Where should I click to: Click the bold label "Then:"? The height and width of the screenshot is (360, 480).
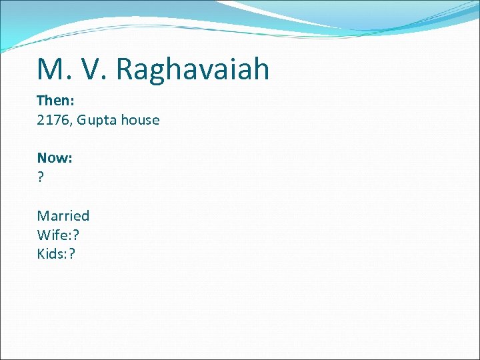click(55, 101)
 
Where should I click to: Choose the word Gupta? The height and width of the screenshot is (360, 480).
click(98, 121)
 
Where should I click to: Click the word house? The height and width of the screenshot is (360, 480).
click(141, 120)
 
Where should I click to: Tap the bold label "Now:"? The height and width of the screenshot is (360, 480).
click(55, 158)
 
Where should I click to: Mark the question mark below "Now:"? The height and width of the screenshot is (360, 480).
click(41, 177)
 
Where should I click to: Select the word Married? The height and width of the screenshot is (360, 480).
click(63, 215)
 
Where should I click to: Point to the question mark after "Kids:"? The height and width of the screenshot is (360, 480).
click(72, 253)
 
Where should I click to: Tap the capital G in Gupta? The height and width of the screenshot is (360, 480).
click(82, 120)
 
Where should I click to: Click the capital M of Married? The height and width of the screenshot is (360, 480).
click(43, 215)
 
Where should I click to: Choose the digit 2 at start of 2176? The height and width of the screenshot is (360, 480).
click(41, 120)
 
